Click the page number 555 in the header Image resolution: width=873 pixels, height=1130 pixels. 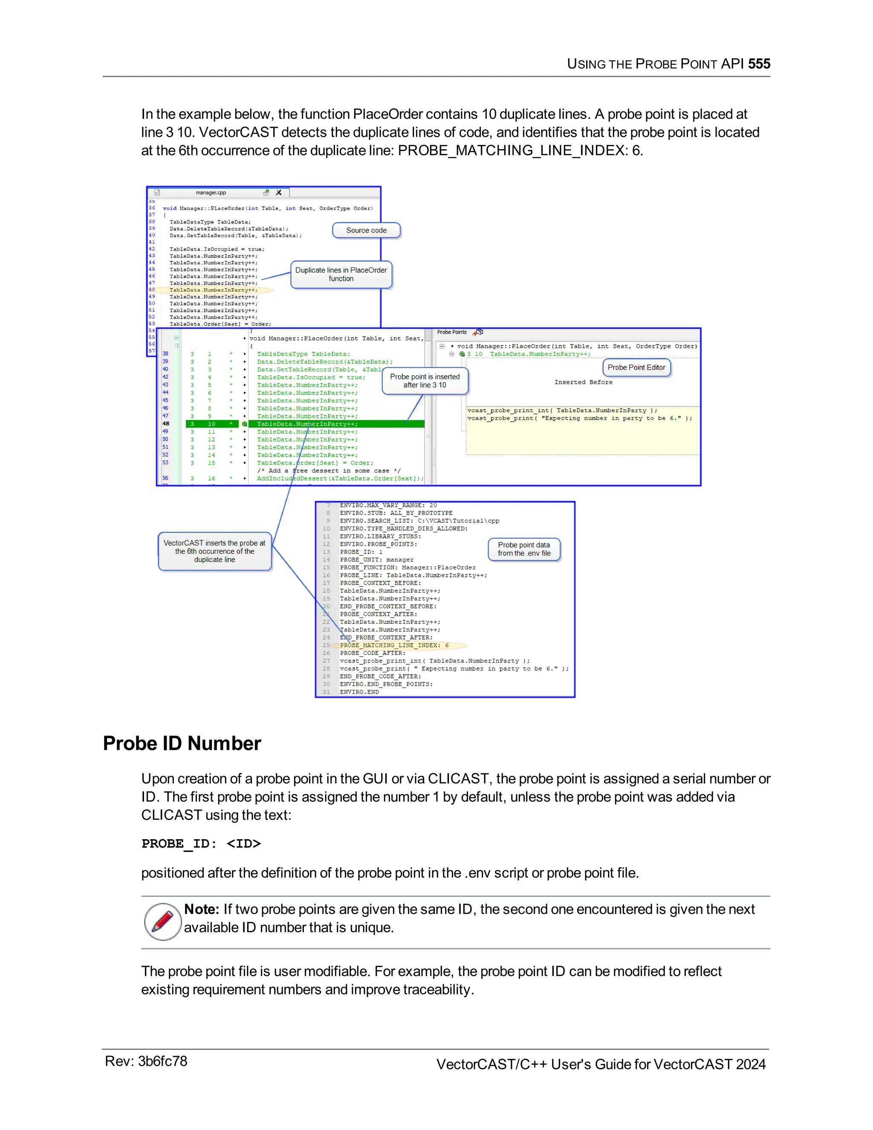759,64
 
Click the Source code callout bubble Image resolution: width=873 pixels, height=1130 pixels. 366,230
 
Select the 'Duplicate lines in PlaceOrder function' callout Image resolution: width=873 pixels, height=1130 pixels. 341,274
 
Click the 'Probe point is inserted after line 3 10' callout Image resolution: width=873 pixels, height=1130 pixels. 425,381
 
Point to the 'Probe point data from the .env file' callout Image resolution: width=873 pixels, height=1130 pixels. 524,549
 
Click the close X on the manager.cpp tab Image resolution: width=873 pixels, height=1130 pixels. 279,192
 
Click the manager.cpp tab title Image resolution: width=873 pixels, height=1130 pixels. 211,192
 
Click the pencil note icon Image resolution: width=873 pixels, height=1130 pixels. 162,921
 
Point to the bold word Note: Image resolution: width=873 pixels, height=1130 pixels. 202,909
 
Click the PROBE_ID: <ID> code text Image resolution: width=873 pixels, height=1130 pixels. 201,843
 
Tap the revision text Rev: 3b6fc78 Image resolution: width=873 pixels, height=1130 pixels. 146,1061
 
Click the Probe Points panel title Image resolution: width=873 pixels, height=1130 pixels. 451,332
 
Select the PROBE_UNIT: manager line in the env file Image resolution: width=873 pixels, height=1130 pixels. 376,559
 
